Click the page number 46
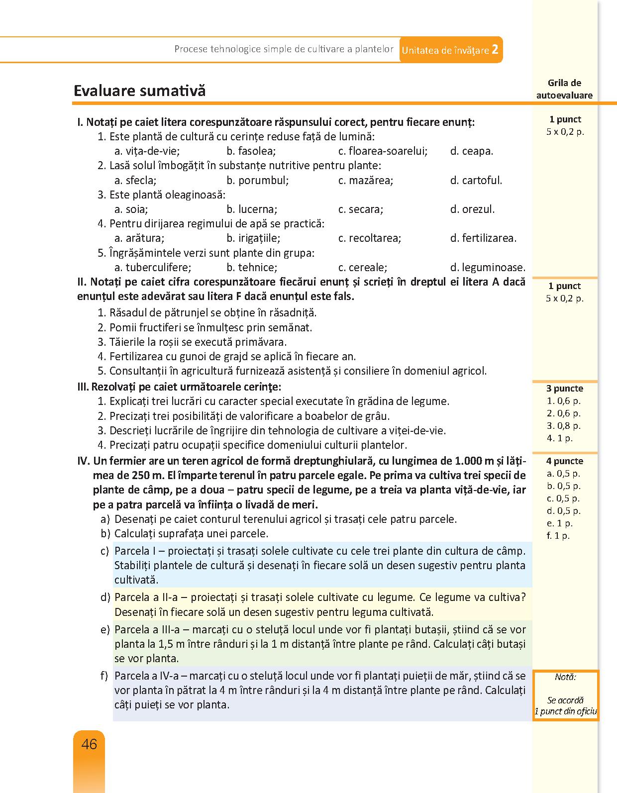89,744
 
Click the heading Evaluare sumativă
139,91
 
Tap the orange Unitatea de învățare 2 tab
450,50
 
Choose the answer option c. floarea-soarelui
383,151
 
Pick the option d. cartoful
476,180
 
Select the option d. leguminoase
488,267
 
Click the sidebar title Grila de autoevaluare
564,89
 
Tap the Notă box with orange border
565,694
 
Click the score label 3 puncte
565,389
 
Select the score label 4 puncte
565,461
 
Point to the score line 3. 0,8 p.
564,426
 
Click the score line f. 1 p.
558,536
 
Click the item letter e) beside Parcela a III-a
105,630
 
